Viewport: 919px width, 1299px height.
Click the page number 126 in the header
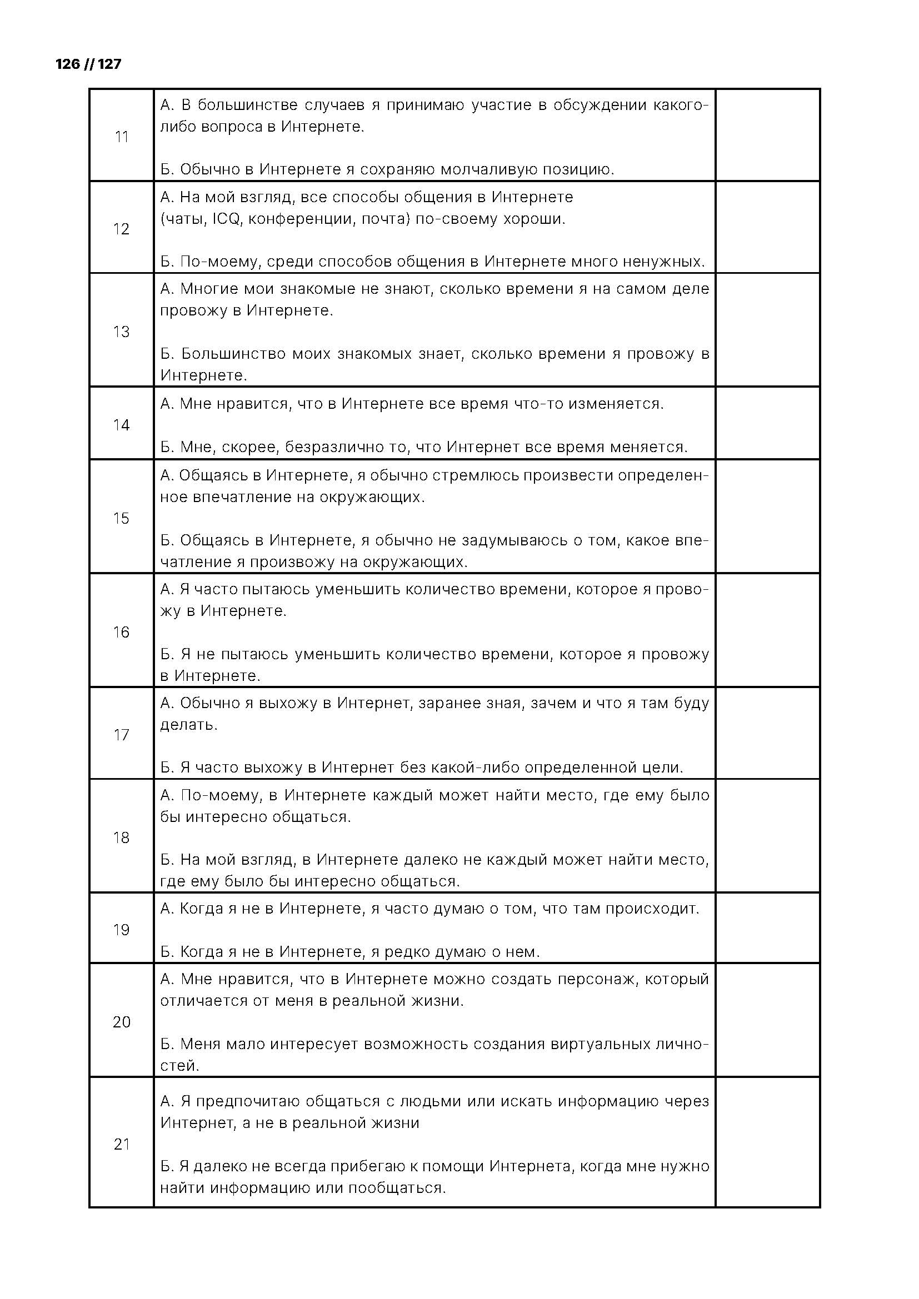click(x=68, y=64)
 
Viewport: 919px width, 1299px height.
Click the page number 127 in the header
click(x=110, y=64)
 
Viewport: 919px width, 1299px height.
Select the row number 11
click(x=122, y=137)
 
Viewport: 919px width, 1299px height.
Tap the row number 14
click(x=122, y=425)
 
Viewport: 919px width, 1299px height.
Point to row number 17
click(x=122, y=735)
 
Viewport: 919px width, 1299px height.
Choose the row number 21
click(x=122, y=1144)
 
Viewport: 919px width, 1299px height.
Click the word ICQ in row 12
click(x=227, y=219)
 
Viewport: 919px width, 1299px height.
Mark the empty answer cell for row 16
click(x=767, y=631)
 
